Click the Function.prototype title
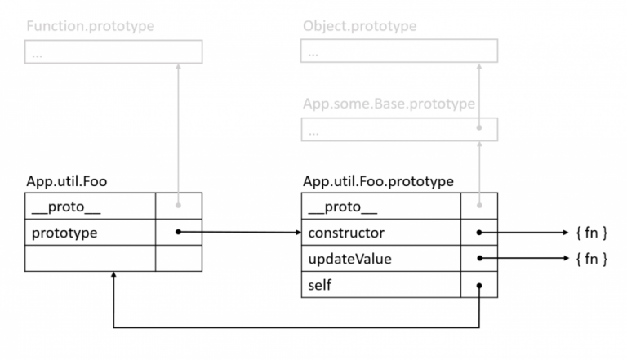point(90,26)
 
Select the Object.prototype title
point(358,26)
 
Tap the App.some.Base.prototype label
point(388,104)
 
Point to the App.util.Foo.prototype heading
point(378,181)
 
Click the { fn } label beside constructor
point(591,233)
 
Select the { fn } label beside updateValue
point(591,259)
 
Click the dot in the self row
point(479,286)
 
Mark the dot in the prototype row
point(177,233)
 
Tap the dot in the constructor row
point(479,233)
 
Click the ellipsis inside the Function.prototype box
point(37,53)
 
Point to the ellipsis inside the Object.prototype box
point(313,53)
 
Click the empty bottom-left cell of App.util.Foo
point(90,258)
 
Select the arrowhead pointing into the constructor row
point(297,233)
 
